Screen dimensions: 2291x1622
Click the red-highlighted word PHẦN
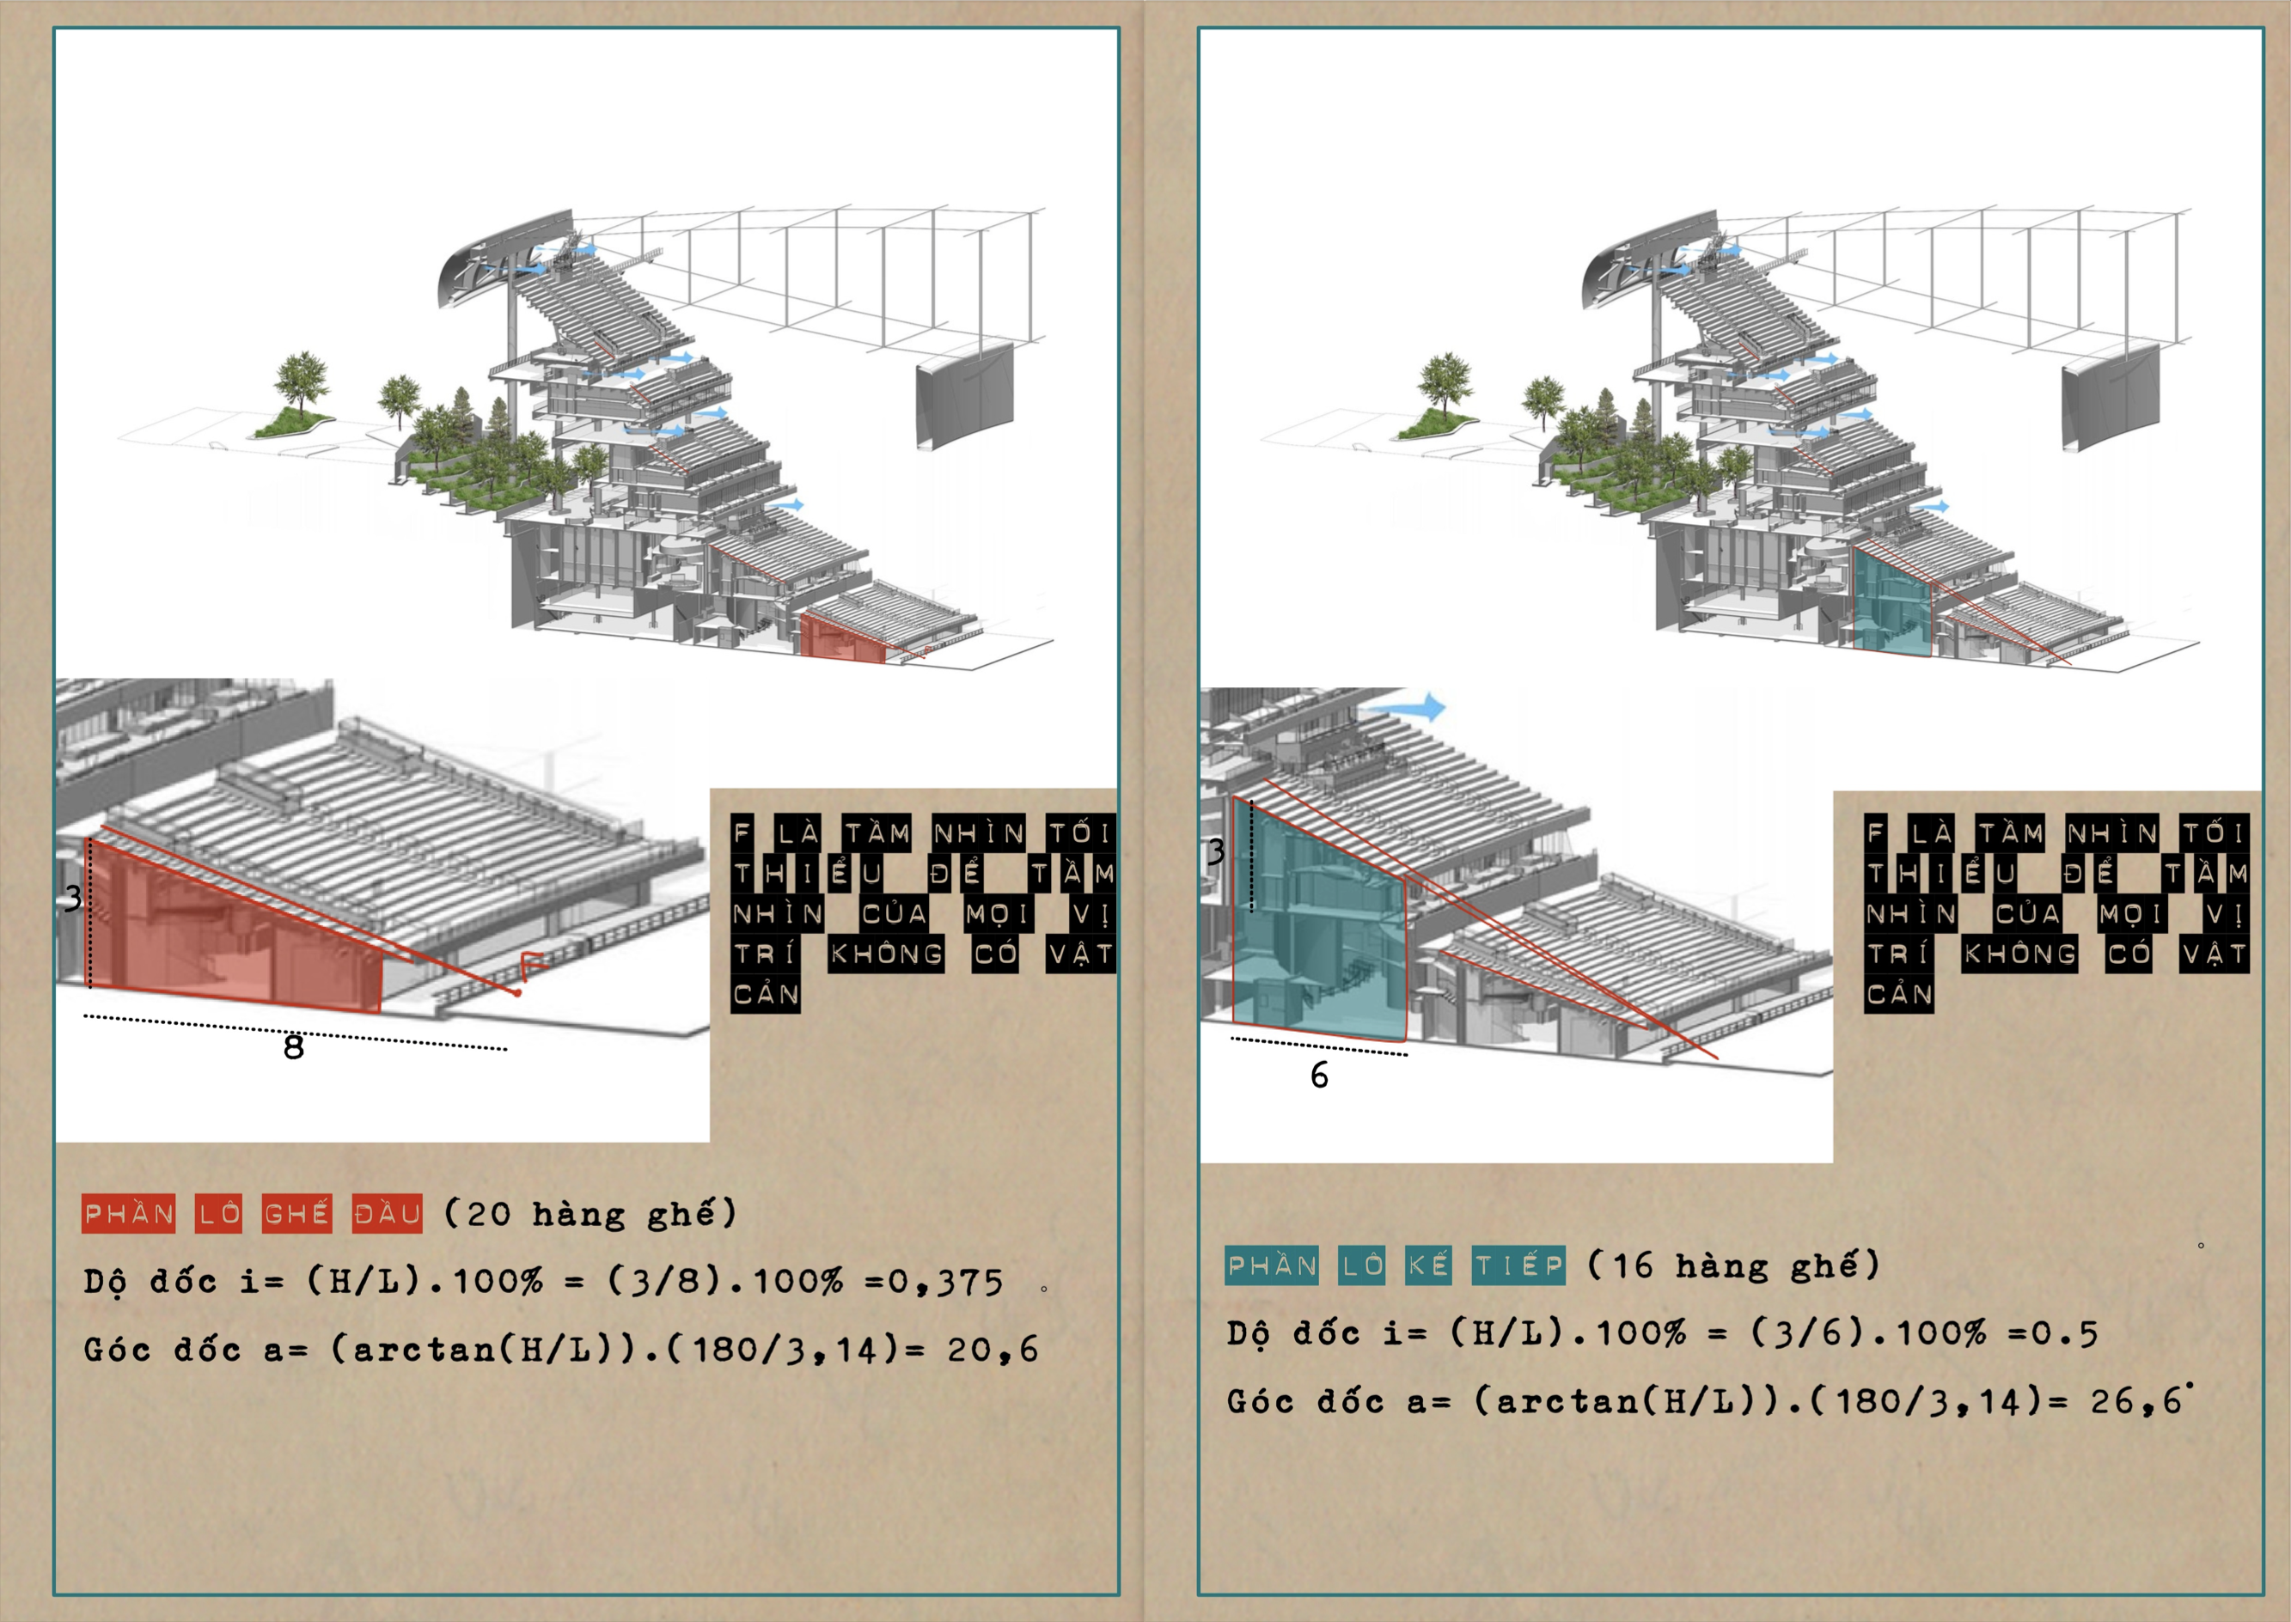(x=129, y=1214)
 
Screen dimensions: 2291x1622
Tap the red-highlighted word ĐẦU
(x=388, y=1214)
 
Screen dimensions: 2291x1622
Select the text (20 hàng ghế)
(x=590, y=1214)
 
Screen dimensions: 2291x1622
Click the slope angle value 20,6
(x=993, y=1351)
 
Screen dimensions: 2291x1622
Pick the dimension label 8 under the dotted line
(x=294, y=1046)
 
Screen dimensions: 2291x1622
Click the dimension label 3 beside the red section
(x=73, y=899)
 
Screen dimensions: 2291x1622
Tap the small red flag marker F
(x=530, y=966)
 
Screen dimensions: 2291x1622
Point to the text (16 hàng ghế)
(x=1733, y=1265)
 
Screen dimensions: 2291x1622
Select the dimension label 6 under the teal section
(x=1319, y=1075)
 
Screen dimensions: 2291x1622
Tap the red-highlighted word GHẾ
(x=296, y=1214)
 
